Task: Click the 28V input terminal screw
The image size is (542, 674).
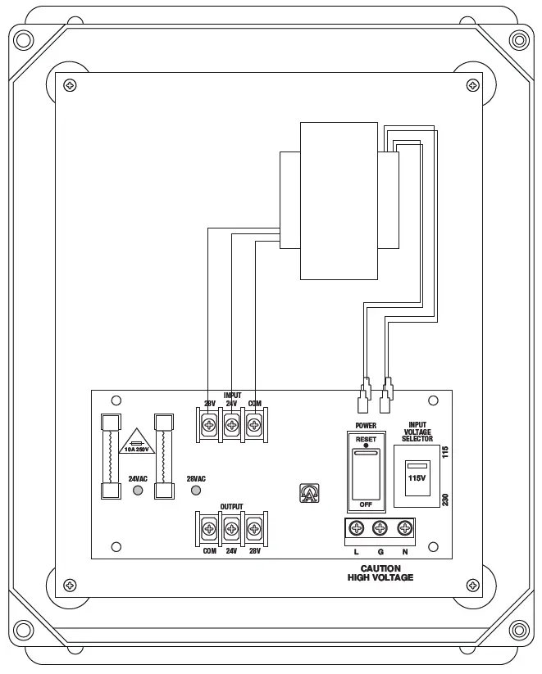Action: click(x=209, y=425)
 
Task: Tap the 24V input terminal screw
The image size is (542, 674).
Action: click(x=231, y=425)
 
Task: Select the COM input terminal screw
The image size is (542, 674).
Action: click(x=254, y=425)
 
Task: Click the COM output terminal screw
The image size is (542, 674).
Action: click(x=209, y=528)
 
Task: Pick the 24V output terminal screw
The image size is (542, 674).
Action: click(x=231, y=528)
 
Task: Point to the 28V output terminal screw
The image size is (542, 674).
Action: click(x=254, y=528)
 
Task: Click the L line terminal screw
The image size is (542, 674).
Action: click(x=357, y=529)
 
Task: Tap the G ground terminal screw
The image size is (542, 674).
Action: click(x=380, y=529)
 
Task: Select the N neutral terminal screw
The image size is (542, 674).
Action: click(x=403, y=529)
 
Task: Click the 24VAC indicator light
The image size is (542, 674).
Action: click(x=138, y=491)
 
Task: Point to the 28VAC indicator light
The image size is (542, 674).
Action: click(x=196, y=491)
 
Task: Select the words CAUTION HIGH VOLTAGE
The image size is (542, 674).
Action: click(x=380, y=572)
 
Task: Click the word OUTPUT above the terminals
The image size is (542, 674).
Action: click(x=231, y=508)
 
